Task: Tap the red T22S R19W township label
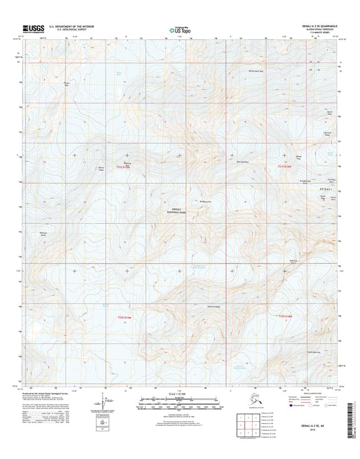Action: point(122,316)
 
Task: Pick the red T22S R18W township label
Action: point(286,315)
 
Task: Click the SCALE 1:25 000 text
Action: point(180,391)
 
